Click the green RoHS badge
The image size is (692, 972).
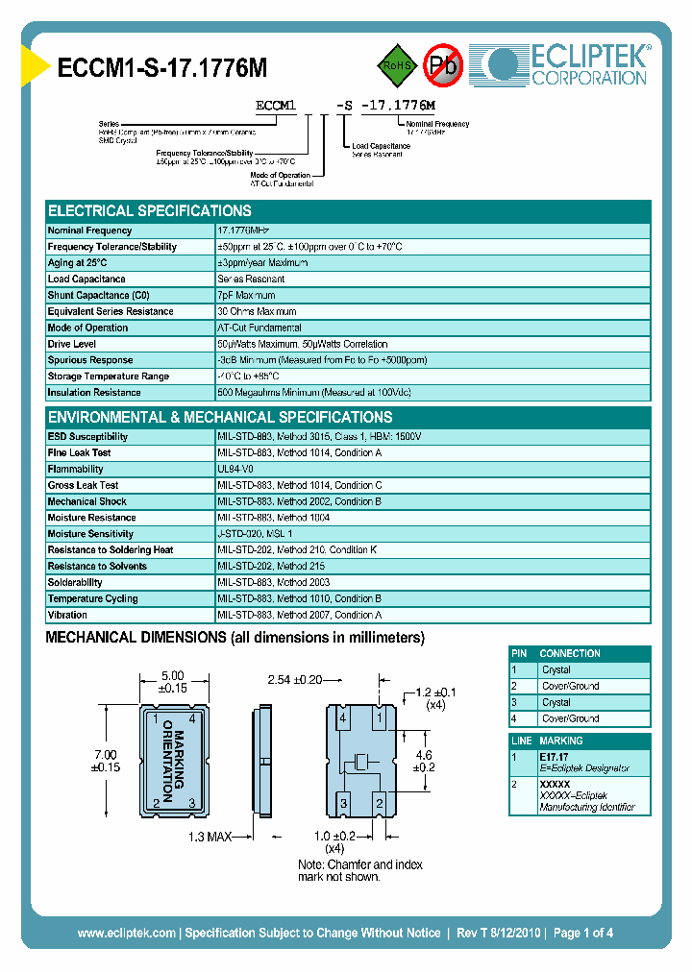pyautogui.click(x=394, y=65)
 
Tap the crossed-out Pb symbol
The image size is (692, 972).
pyautogui.click(x=442, y=65)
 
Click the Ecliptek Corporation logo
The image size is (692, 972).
pyautogui.click(x=567, y=63)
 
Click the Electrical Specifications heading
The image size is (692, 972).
pyautogui.click(x=150, y=211)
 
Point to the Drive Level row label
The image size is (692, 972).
pyautogui.click(x=72, y=344)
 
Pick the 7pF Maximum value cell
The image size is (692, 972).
pyautogui.click(x=246, y=295)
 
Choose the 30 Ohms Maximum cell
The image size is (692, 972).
pyautogui.click(x=257, y=311)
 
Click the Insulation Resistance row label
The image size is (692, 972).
pyautogui.click(x=94, y=393)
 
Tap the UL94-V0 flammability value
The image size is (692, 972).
pyautogui.click(x=235, y=470)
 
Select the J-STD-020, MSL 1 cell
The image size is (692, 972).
pyautogui.click(x=255, y=534)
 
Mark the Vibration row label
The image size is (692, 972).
pyautogui.click(x=67, y=615)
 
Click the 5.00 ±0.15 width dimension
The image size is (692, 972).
pyautogui.click(x=173, y=681)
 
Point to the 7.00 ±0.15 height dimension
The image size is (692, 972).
pyautogui.click(x=105, y=761)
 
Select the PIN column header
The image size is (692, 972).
pyautogui.click(x=520, y=653)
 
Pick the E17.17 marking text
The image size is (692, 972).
pyautogui.click(x=556, y=757)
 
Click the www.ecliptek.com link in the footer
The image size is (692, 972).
pyautogui.click(x=126, y=933)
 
